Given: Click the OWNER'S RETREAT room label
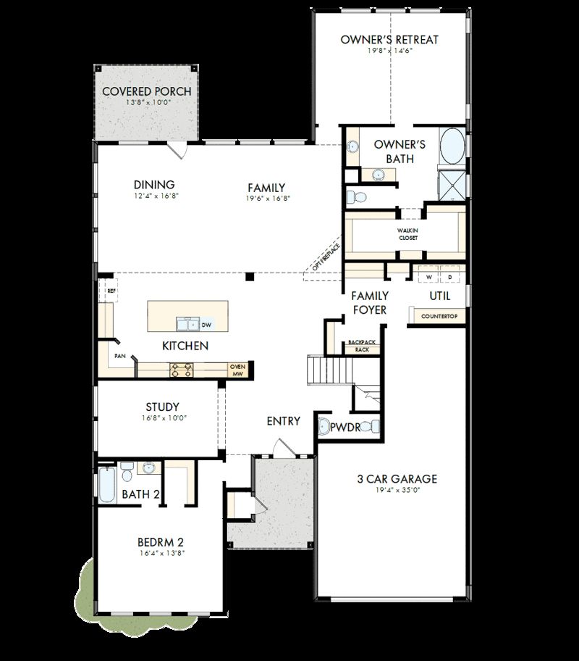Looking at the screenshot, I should tap(389, 39).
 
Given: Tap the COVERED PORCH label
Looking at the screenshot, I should tap(146, 91).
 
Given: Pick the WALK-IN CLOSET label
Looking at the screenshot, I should tap(408, 233).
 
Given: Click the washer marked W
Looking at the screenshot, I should tap(428, 278).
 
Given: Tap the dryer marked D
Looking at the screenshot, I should tap(449, 278).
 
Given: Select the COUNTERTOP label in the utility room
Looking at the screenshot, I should tap(437, 317).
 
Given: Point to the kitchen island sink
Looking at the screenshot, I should tap(187, 324).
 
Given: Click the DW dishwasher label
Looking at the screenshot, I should tap(206, 325).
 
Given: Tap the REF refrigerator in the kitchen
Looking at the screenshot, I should tap(110, 291).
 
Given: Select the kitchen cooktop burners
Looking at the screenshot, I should tap(182, 370).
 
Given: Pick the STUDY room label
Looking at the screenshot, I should tap(162, 407).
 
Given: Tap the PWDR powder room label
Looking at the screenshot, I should tap(345, 428).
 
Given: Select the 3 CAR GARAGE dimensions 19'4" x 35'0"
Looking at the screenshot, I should tap(397, 491).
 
